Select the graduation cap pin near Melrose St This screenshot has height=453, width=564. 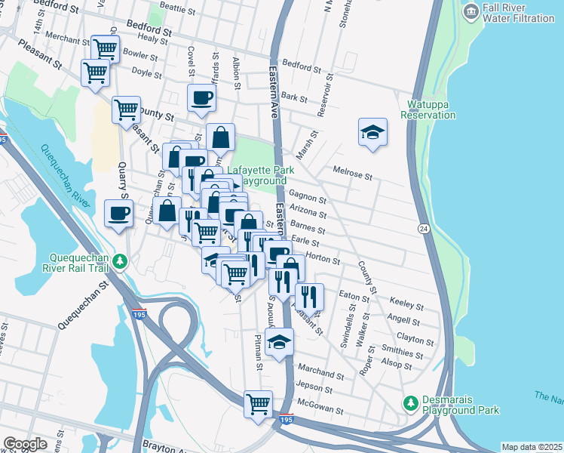pos(372,132)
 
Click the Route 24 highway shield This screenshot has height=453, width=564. pos(425,228)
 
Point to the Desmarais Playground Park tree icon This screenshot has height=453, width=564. pos(410,404)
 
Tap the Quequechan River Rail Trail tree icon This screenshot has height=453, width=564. pos(119,261)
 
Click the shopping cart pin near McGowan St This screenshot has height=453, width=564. pos(258,403)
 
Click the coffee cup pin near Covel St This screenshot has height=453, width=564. pos(201,97)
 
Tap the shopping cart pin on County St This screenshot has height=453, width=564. pos(126,109)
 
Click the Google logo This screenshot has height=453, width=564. pos(25,444)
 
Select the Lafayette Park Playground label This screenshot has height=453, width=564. pos(258,176)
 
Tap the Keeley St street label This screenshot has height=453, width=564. pos(406,306)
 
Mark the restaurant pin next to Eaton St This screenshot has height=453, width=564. pos(309,296)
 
